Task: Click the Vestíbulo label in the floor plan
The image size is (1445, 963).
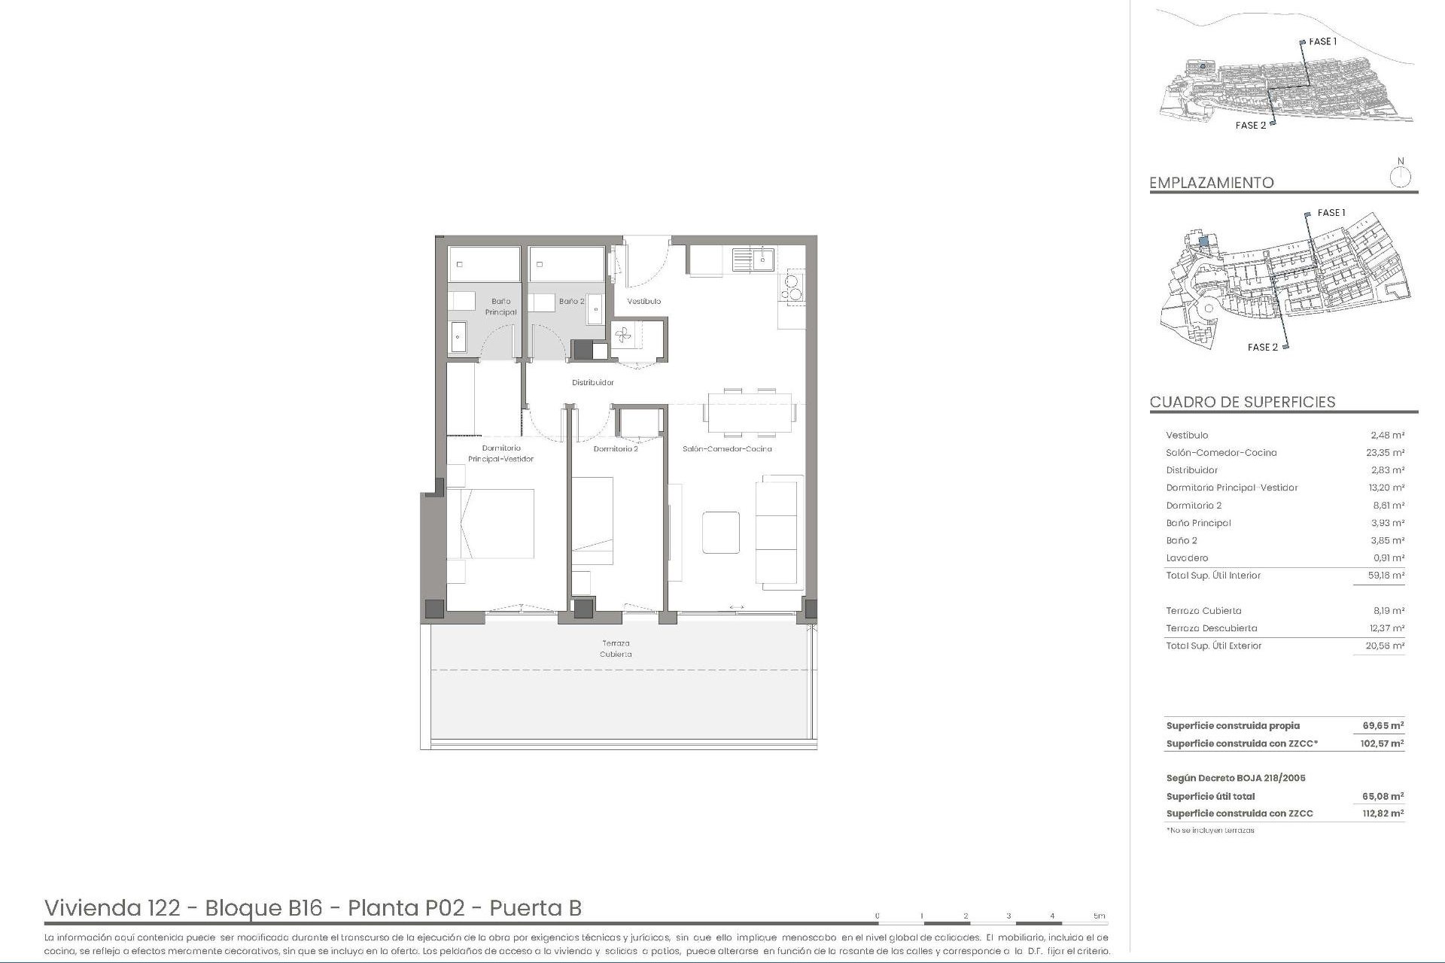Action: (643, 301)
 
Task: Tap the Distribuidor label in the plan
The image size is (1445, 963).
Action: (592, 382)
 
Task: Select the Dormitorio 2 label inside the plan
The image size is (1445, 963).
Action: (615, 449)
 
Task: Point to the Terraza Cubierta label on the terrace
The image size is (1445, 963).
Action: (616, 649)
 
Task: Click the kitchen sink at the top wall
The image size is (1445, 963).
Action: (753, 260)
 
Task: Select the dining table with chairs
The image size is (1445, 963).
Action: (750, 413)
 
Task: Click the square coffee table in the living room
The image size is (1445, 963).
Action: (720, 533)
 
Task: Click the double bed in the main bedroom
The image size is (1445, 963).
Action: (491, 524)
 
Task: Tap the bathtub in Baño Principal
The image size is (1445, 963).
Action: (484, 264)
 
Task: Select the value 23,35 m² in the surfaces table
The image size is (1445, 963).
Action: (1386, 453)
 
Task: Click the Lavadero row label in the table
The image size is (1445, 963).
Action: (1187, 558)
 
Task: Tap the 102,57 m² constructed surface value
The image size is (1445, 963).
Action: (1383, 743)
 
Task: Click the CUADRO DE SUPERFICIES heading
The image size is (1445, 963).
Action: (1242, 402)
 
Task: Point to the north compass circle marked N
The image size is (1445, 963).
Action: (1400, 178)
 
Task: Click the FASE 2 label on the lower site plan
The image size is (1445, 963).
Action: (1262, 347)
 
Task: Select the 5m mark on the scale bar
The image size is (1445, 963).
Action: (1099, 916)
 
